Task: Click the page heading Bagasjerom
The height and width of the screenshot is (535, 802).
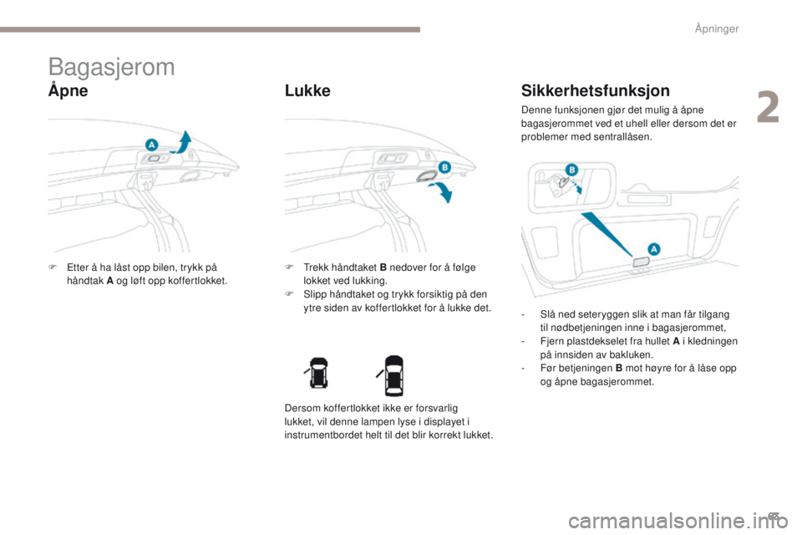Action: tap(111, 67)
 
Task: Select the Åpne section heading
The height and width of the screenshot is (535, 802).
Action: tap(68, 91)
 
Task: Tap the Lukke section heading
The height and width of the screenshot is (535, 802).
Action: tap(307, 91)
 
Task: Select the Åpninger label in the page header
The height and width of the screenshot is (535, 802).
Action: tap(716, 29)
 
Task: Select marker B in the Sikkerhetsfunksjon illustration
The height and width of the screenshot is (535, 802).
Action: tap(573, 170)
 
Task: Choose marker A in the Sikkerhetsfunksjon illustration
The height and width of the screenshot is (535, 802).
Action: tap(654, 248)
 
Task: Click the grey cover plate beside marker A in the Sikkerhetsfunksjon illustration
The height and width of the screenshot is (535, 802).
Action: tap(641, 262)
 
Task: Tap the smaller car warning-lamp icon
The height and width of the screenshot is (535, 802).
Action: tap(317, 375)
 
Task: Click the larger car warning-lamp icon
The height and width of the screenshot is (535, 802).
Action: tap(393, 375)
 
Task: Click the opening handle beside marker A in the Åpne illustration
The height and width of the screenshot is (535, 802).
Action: tap(156, 157)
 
